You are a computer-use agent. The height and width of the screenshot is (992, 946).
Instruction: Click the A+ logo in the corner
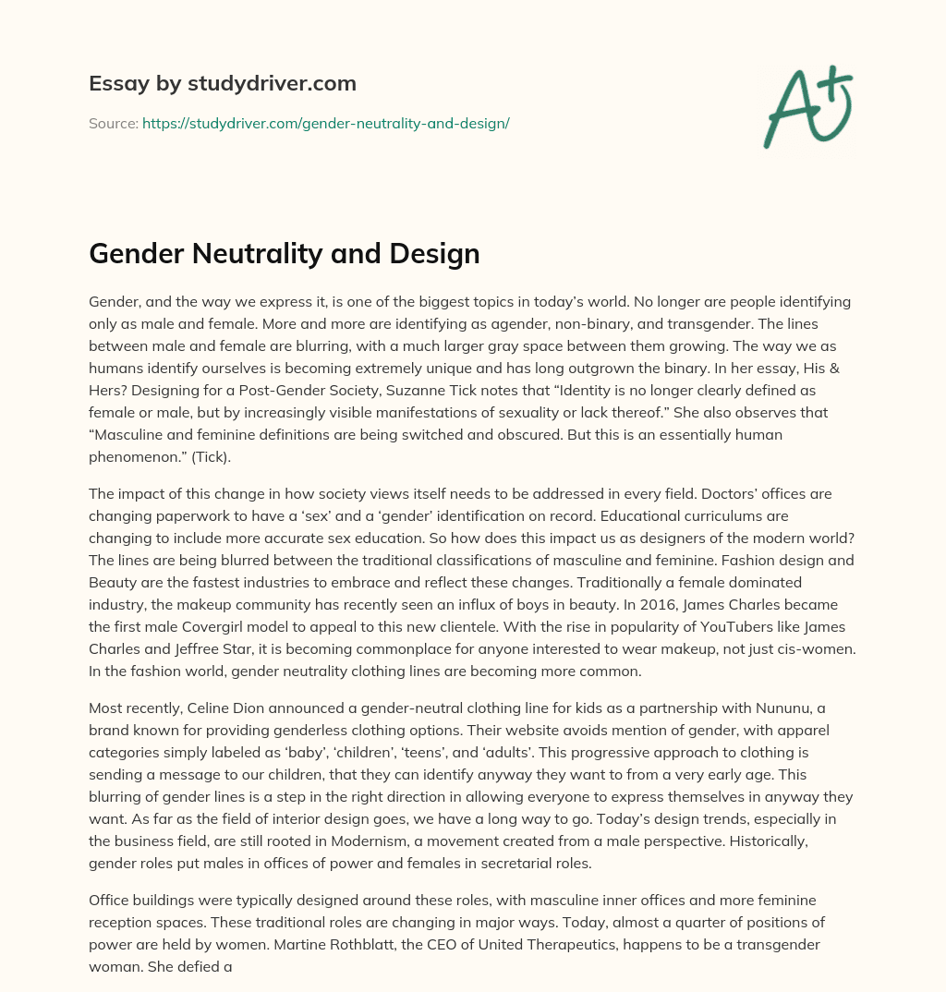point(807,106)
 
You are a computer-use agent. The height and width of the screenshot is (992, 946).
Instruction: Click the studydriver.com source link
point(325,123)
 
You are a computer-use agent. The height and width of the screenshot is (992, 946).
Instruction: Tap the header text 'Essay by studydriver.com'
point(222,83)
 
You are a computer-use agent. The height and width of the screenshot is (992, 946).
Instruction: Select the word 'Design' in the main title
point(434,253)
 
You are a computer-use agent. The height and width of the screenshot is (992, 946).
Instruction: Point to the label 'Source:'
point(114,123)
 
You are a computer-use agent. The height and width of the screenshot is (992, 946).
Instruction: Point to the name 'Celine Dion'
point(220,709)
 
